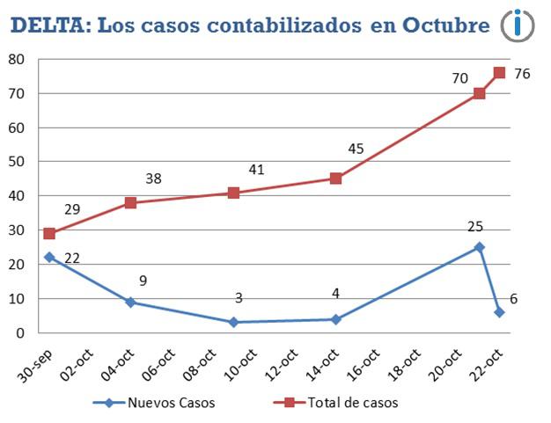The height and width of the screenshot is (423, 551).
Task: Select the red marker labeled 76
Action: pyautogui.click(x=499, y=73)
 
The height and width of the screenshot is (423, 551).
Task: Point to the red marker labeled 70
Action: pyautogui.click(x=479, y=93)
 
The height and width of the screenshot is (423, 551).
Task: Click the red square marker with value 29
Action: pyautogui.click(x=49, y=234)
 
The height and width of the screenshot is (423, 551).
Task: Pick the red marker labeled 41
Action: pyautogui.click(x=233, y=193)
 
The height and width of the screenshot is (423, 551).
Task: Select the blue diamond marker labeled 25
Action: pyautogui.click(x=479, y=247)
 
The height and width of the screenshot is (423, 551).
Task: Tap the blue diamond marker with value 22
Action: pyautogui.click(x=49, y=258)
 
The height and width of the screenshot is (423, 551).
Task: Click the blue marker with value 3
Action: pyautogui.click(x=233, y=323)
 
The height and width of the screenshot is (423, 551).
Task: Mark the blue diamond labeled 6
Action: pyautogui.click(x=499, y=312)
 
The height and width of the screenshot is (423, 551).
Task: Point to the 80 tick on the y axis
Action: pyautogui.click(x=17, y=60)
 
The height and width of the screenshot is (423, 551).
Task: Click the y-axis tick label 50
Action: pyautogui.click(x=17, y=163)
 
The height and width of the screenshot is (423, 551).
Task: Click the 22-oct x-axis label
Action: pyautogui.click(x=489, y=362)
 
